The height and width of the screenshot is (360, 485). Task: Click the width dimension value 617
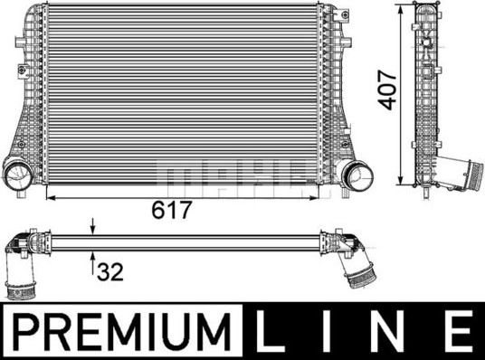(173, 211)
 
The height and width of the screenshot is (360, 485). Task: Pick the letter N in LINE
(394, 331)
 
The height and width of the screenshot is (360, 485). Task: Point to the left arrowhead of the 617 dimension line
(49, 195)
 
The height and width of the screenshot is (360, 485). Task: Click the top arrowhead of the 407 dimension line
(402, 10)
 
